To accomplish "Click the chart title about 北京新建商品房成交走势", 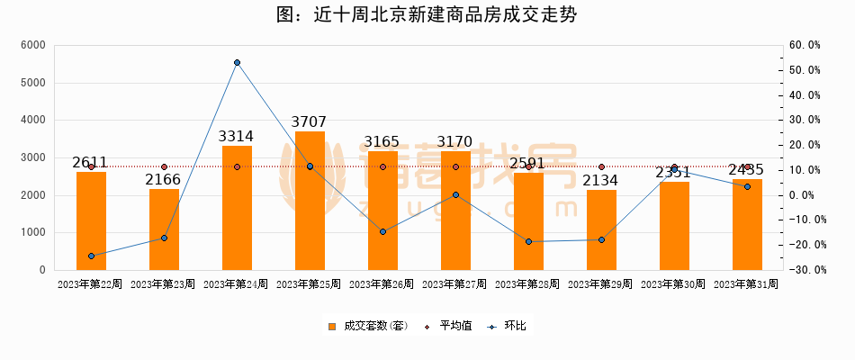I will point(427,14).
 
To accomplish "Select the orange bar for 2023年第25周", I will point(310,201).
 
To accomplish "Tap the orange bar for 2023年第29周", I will point(601,229).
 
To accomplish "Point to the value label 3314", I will point(237,137).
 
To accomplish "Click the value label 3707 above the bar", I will point(310,122).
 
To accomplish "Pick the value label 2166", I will point(164,180).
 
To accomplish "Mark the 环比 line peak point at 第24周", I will point(237,63).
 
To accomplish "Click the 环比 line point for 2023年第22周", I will point(91,256).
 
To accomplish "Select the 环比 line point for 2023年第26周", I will point(382,231).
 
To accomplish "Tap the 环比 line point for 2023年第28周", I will point(528,241).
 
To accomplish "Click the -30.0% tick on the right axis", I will point(802,270).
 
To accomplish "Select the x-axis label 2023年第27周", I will point(455,284).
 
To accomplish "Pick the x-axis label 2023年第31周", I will point(746,284).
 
